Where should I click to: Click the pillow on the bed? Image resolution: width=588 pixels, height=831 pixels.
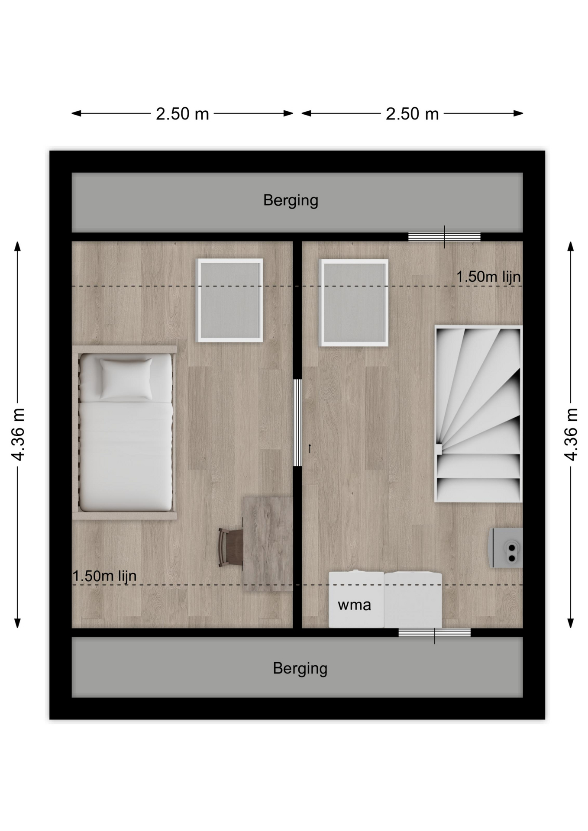(x=126, y=379)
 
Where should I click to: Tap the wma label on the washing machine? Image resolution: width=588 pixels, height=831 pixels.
(x=354, y=605)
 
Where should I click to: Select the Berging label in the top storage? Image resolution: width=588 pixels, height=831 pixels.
(x=291, y=200)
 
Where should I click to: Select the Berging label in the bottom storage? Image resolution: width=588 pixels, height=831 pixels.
(x=300, y=669)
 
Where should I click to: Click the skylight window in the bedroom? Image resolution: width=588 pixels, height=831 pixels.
(x=230, y=300)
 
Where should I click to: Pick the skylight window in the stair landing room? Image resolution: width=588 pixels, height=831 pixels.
(x=353, y=303)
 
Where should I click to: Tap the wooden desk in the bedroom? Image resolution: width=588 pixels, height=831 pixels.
(x=268, y=544)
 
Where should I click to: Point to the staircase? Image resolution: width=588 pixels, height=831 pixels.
(x=478, y=414)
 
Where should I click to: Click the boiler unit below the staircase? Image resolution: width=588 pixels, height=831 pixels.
(x=506, y=548)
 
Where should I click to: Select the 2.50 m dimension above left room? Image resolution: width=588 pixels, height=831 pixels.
(x=182, y=114)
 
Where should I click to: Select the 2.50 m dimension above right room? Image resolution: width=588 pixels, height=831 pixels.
(x=412, y=114)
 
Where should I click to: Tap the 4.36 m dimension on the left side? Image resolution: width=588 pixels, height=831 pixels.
(x=18, y=434)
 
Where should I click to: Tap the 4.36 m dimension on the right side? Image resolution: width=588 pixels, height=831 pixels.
(x=571, y=434)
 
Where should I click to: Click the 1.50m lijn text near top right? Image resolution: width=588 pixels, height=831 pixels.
(x=488, y=277)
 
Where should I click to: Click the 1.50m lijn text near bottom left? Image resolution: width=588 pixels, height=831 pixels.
(x=104, y=576)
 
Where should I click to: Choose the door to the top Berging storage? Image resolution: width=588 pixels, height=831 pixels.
(x=444, y=237)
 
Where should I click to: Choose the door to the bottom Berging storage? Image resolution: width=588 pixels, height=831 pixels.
(x=435, y=633)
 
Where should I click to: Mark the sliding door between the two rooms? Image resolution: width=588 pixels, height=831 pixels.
(x=297, y=422)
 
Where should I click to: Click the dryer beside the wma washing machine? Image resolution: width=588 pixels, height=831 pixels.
(x=413, y=600)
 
